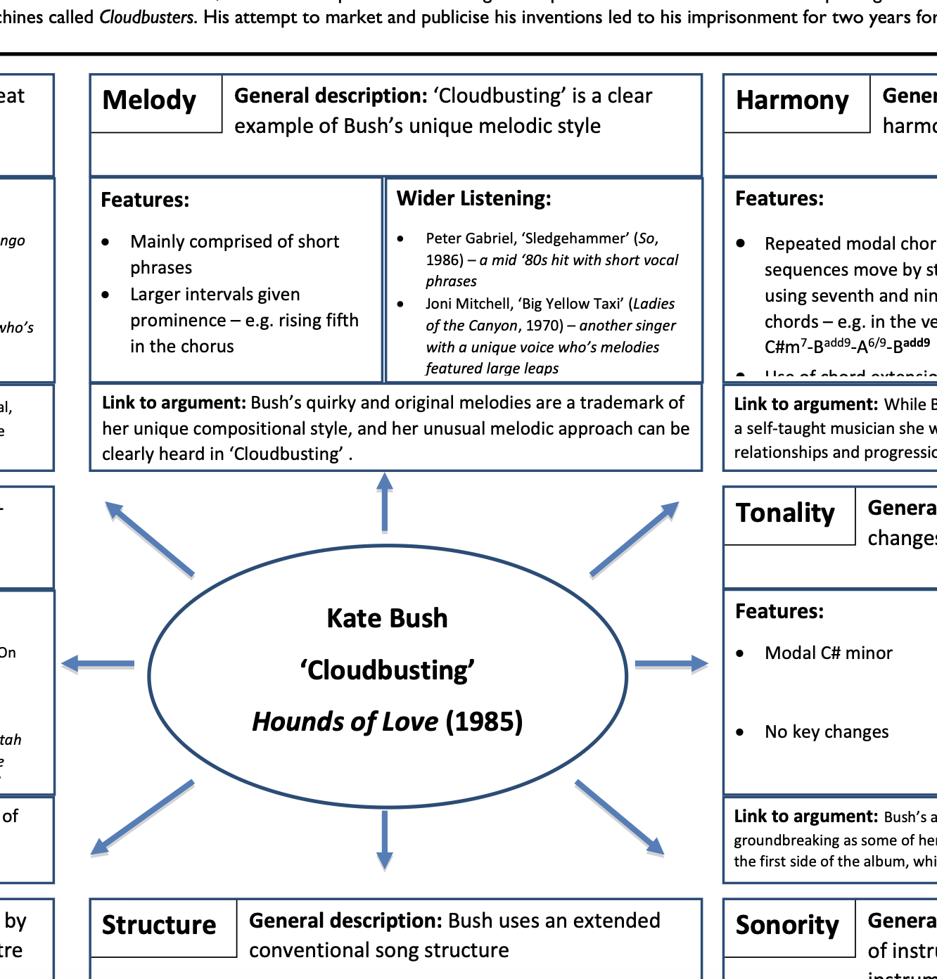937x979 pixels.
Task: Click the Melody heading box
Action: click(x=150, y=101)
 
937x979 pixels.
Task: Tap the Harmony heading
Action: click(x=792, y=101)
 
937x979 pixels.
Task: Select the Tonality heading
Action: click(x=785, y=514)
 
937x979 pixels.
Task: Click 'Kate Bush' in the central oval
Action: click(x=387, y=619)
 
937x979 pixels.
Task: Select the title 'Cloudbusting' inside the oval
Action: click(x=387, y=671)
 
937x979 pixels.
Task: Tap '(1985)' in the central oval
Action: click(x=484, y=722)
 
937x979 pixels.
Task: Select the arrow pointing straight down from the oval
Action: click(x=384, y=840)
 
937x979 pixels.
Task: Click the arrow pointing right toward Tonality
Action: click(x=671, y=663)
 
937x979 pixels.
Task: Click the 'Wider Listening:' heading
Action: click(x=473, y=199)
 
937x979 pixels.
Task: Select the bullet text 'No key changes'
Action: click(x=827, y=733)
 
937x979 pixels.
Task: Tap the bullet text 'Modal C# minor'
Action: click(x=828, y=653)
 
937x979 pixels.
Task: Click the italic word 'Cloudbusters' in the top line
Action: click(x=147, y=18)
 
